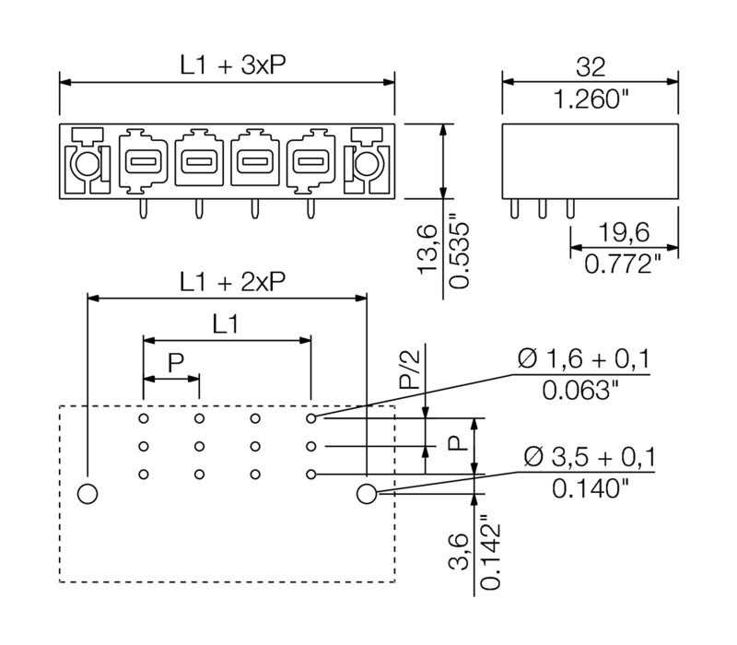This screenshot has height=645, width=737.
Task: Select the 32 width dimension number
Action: [x=589, y=64]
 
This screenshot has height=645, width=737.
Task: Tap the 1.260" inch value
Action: [x=590, y=99]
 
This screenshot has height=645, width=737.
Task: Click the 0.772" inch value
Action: [x=623, y=265]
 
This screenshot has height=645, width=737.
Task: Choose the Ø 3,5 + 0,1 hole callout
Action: [x=590, y=456]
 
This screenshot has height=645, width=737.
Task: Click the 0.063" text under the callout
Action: [x=580, y=391]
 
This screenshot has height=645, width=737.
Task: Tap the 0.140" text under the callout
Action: [x=590, y=488]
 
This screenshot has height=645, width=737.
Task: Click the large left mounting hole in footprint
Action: [x=88, y=494]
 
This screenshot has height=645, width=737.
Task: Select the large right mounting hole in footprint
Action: [x=366, y=494]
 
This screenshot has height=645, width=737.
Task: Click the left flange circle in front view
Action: [x=86, y=166]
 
